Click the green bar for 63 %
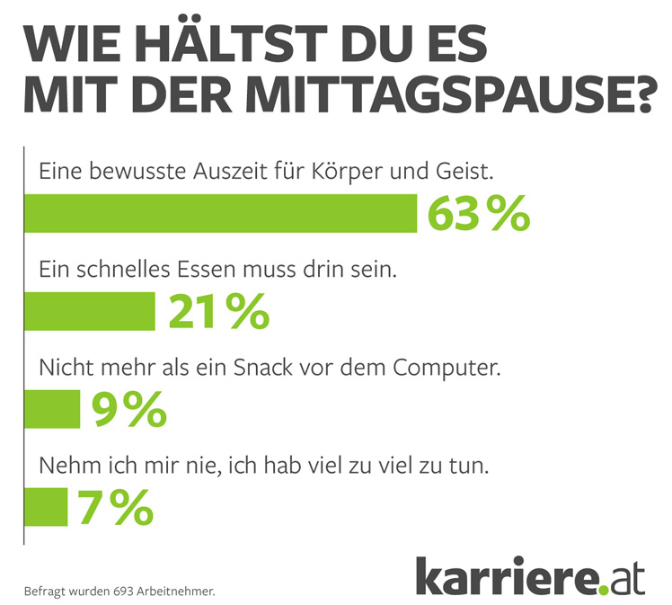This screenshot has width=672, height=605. click(220, 213)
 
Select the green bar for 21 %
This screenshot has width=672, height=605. click(90, 311)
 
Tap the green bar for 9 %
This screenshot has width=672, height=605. click(52, 409)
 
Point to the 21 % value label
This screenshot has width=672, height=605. click(218, 311)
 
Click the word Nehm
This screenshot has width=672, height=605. click(66, 466)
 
